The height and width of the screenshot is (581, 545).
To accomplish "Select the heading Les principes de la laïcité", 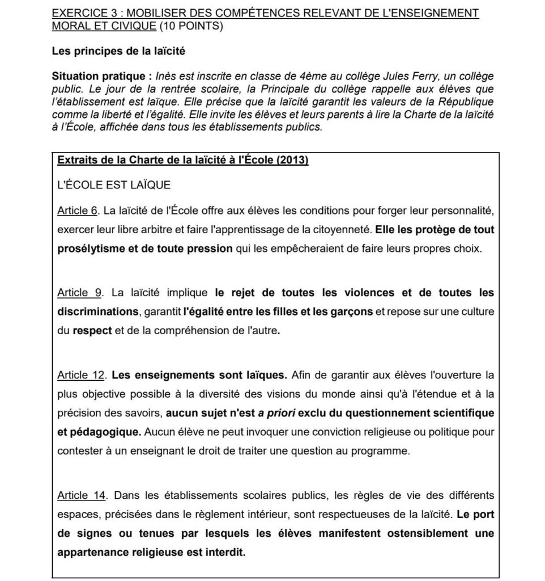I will (118, 52).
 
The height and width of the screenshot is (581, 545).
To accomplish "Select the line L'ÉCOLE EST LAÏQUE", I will (114, 186).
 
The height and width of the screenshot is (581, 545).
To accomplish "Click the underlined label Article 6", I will (77, 212).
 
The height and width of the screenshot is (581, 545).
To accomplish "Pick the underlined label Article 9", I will (79, 293).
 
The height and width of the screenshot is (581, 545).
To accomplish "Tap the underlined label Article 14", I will (82, 496).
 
